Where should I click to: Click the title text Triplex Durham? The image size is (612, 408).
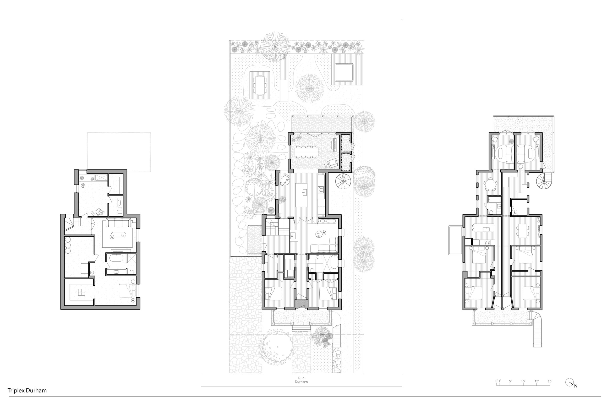(x=27, y=390)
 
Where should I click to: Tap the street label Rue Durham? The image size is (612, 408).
(x=301, y=380)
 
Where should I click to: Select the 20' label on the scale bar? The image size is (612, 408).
(x=550, y=381)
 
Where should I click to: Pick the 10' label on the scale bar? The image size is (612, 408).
(x=523, y=381)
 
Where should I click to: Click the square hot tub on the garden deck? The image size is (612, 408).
(x=344, y=73)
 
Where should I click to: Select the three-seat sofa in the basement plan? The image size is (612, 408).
(x=118, y=223)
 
